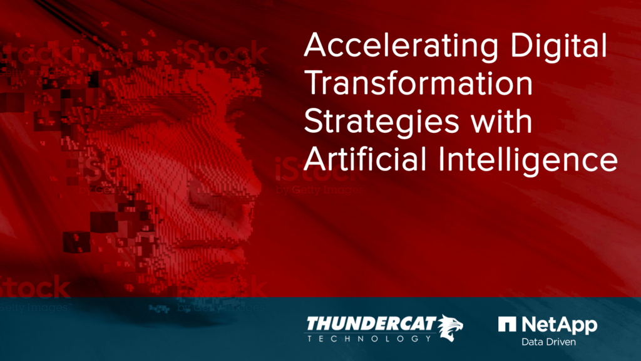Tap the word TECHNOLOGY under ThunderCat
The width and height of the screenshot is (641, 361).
pos(369,338)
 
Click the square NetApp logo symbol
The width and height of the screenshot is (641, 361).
pos(507,324)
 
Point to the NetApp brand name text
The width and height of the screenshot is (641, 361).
pos(558,325)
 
